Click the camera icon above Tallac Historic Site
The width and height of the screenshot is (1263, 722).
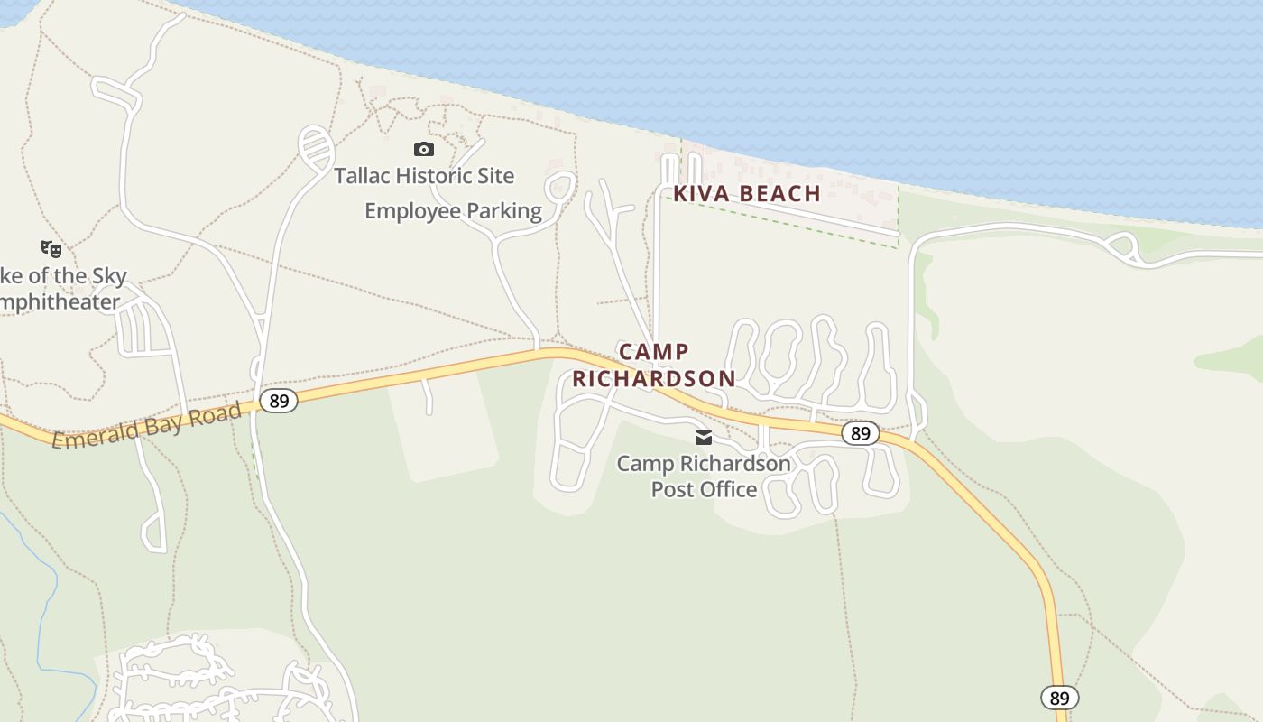(423, 149)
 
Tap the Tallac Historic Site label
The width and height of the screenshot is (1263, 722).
(424, 176)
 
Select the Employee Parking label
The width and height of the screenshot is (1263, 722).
(453, 211)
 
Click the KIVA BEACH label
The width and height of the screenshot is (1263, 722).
(747, 193)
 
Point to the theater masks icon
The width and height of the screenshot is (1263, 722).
(51, 247)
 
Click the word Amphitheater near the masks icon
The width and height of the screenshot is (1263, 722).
(61, 302)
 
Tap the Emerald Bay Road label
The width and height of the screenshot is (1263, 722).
(146, 426)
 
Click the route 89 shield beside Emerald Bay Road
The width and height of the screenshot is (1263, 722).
(279, 400)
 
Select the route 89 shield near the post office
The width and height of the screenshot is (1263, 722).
(861, 434)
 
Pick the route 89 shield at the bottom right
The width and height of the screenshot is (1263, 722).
(1059, 698)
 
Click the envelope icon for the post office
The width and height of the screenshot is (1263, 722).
(704, 438)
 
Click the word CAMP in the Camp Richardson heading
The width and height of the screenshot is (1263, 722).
(654, 352)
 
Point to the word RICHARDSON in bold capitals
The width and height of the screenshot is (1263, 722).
(654, 378)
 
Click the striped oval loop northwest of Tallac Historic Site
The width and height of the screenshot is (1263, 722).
(315, 146)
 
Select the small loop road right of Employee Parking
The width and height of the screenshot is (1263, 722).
(560, 187)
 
